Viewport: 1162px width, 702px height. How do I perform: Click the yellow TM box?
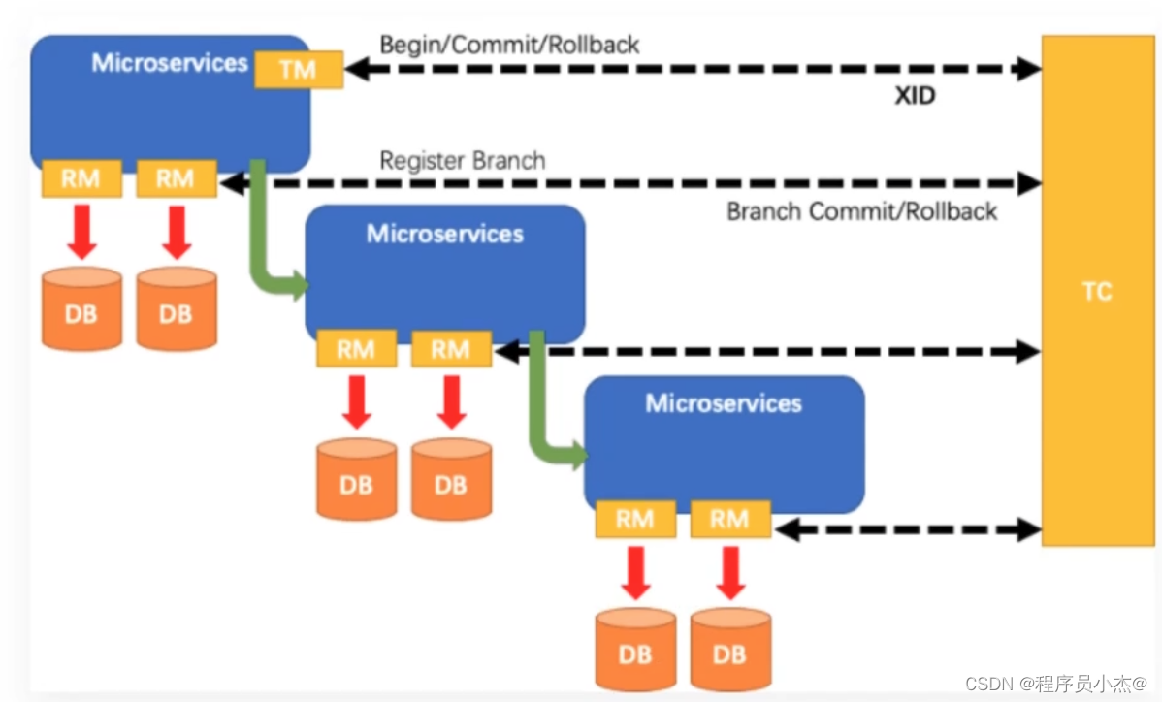(x=299, y=69)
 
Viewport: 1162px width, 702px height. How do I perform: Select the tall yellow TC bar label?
(x=1097, y=292)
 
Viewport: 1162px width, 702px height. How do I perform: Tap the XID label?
(x=915, y=96)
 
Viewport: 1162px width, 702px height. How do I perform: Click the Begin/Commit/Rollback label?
(x=509, y=45)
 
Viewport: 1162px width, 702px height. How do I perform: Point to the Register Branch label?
(x=462, y=160)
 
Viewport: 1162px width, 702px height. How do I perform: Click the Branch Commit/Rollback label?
(x=861, y=210)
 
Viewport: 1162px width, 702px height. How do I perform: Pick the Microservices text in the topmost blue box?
(x=170, y=63)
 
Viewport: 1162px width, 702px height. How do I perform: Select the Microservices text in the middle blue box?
(x=444, y=234)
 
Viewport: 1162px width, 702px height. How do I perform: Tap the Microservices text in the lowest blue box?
(x=724, y=403)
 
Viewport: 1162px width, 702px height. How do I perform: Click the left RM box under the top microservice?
(x=81, y=178)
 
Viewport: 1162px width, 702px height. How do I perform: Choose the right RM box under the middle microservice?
(x=451, y=349)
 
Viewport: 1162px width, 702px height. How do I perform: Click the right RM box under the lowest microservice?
(x=729, y=520)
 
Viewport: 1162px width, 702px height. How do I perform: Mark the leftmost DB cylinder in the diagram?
(x=81, y=310)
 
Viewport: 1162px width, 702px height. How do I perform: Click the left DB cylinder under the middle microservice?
(x=356, y=481)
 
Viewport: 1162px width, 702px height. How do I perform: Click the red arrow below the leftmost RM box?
(x=82, y=232)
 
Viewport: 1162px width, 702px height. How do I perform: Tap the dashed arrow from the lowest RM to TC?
(x=907, y=529)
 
